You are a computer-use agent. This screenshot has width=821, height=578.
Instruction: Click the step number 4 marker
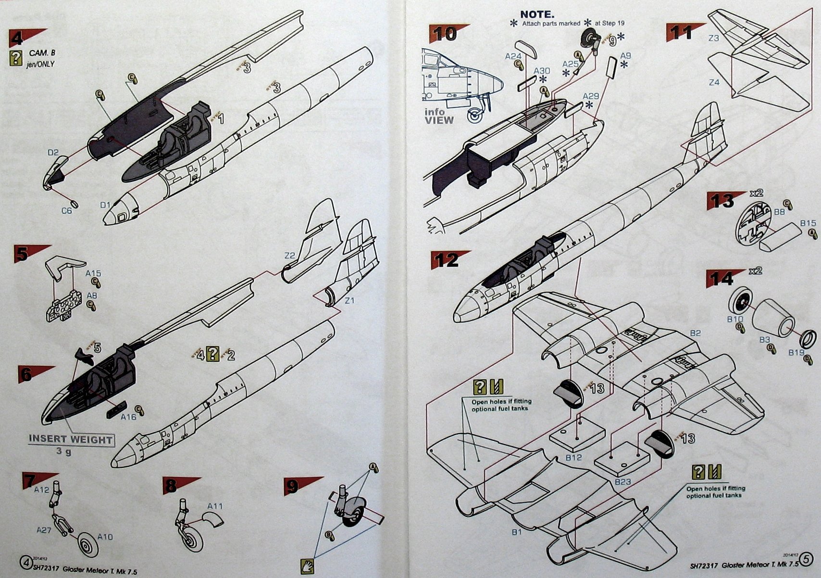tap(17, 38)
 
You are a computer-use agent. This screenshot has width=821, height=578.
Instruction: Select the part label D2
tap(53, 153)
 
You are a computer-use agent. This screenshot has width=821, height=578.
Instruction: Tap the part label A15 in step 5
tap(93, 273)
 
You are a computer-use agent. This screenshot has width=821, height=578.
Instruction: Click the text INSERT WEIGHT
tap(71, 439)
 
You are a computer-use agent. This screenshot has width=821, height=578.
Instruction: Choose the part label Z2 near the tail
tap(289, 256)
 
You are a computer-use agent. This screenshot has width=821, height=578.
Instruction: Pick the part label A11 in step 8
tap(215, 506)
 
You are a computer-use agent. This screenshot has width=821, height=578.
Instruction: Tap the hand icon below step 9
tap(307, 565)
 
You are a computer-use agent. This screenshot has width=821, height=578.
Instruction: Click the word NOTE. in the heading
tap(537, 14)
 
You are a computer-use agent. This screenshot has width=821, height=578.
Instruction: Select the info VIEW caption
tap(438, 116)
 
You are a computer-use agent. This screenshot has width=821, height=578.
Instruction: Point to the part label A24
tap(513, 56)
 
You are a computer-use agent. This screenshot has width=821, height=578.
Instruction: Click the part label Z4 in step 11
tap(714, 82)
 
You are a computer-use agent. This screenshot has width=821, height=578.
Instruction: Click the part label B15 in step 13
tap(808, 223)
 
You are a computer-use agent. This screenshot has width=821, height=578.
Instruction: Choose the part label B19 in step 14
tap(796, 352)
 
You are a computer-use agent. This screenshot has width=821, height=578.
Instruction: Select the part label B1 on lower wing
tap(516, 532)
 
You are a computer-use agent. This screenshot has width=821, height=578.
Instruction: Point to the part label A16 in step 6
tap(128, 417)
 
